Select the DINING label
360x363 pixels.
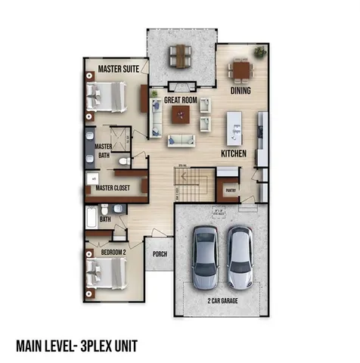point(241,91)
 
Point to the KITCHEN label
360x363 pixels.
point(234,152)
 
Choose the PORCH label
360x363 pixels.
point(159,255)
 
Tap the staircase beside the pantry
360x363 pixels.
point(193,181)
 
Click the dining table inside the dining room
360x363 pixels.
point(241,71)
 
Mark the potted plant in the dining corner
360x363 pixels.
point(260,52)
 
